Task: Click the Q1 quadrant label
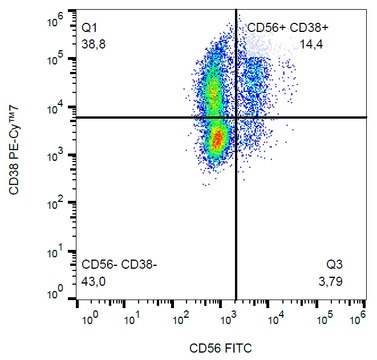(x=90, y=23)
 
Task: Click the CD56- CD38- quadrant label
(x=119, y=264)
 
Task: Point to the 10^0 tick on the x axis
(x=88, y=319)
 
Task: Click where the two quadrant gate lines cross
(x=236, y=118)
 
